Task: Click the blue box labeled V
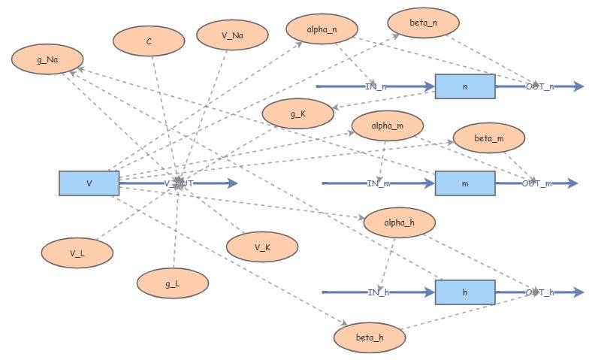pos(89,183)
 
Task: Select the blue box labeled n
pos(465,87)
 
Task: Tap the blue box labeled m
pos(465,183)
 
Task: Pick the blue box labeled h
pos(465,292)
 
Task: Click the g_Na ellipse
pos(47,59)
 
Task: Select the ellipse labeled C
pos(149,41)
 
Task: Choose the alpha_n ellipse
pos(322,29)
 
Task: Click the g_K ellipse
pos(297,114)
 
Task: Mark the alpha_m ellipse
pos(388,126)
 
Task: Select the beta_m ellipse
pos(489,138)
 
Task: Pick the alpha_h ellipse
pos(399,222)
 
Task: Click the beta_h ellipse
pos(370,337)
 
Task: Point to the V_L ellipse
pos(77,253)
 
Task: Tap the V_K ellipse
pos(262,247)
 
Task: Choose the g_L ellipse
pos(172,283)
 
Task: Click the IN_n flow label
pos(376,87)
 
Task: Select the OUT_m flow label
pos(536,183)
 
